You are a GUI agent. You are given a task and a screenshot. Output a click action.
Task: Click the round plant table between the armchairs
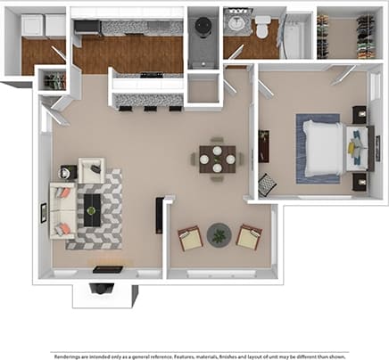click(219, 236)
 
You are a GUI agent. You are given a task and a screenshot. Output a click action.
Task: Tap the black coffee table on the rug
click(92, 210)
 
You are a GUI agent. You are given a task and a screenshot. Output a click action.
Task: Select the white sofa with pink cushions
click(62, 212)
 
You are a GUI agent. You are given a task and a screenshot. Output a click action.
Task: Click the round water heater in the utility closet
click(203, 24)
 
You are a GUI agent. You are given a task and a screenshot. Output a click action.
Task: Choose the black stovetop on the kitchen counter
click(151, 74)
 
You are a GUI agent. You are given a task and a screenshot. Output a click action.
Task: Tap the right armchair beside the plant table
click(249, 236)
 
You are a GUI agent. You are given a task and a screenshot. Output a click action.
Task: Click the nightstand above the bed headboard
click(360, 114)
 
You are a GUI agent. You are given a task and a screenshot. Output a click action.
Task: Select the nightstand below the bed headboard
click(360, 182)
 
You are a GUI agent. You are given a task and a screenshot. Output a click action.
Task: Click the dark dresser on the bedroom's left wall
click(263, 146)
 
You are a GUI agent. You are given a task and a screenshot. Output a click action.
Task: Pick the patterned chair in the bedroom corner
click(267, 184)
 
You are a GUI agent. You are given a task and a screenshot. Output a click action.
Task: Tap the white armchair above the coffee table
click(91, 169)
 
